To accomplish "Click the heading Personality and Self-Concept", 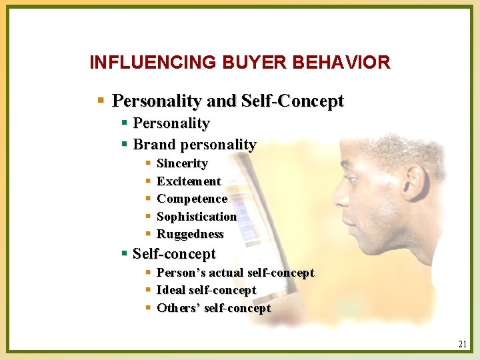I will click(x=228, y=101).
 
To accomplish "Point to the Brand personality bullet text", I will click(x=195, y=144).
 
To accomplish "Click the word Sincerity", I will click(x=182, y=163).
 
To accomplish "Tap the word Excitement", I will click(x=189, y=181).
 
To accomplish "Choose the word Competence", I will click(x=192, y=199).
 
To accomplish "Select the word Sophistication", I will click(x=197, y=217).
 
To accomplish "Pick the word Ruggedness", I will click(x=190, y=234).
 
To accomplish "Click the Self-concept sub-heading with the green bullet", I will click(x=174, y=254).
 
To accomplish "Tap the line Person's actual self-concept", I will click(x=235, y=273).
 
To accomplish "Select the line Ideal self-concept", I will click(x=206, y=290).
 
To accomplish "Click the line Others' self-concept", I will click(x=213, y=308).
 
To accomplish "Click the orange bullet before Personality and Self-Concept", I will click(x=101, y=101).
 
